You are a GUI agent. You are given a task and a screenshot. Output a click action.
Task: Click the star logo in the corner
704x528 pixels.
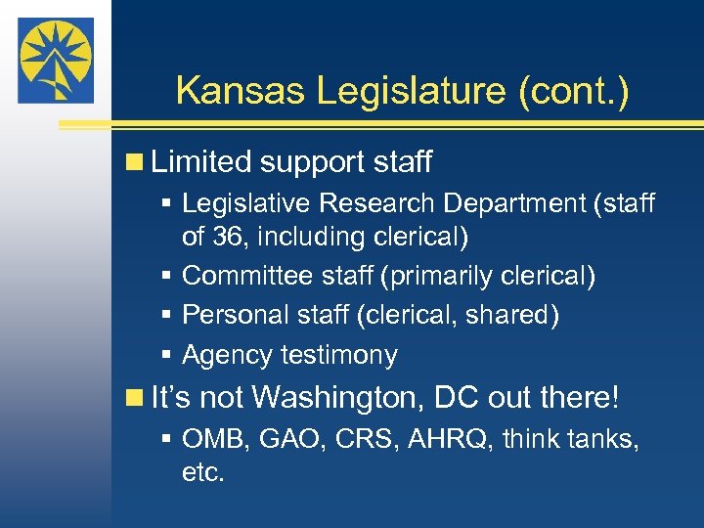coord(56,60)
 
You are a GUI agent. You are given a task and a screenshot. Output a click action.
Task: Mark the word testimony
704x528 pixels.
coord(339,354)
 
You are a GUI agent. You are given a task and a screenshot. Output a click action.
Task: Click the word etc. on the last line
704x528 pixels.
coord(203,473)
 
